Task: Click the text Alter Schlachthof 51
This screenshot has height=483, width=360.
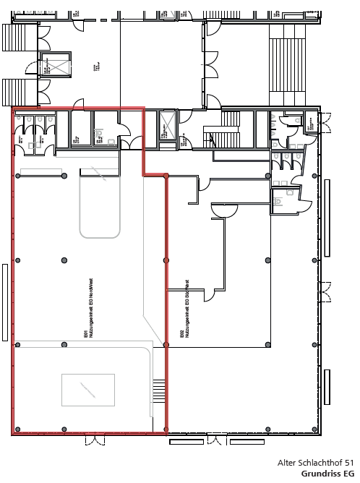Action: pyautogui.click(x=315, y=462)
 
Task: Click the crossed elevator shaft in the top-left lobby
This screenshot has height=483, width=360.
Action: pyautogui.click(x=55, y=64)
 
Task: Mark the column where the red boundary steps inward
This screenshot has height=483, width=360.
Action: pyautogui.click(x=166, y=176)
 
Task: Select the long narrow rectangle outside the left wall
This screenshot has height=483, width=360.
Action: pyautogui.click(x=6, y=302)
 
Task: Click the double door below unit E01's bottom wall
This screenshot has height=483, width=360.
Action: pyautogui.click(x=216, y=440)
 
